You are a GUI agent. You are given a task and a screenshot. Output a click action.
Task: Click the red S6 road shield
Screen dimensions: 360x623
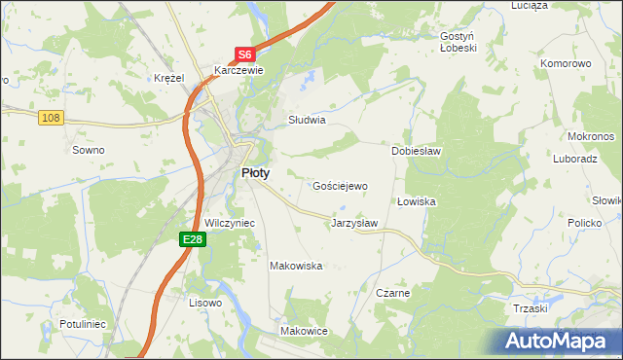(246, 55)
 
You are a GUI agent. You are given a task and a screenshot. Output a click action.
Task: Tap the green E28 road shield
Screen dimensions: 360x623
(192, 238)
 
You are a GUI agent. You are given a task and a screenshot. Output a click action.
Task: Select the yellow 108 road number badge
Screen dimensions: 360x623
(52, 117)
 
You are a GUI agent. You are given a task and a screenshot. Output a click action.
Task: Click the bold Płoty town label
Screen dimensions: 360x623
(255, 172)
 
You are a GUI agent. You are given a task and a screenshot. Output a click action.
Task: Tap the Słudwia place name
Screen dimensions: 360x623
(306, 121)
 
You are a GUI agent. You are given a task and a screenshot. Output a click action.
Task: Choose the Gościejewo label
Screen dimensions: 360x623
(340, 185)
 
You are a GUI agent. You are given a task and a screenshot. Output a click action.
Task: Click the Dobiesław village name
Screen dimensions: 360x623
(417, 151)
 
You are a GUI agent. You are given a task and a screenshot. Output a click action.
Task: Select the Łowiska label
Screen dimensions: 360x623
(416, 201)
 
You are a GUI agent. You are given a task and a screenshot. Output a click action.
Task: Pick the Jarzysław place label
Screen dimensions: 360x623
(354, 223)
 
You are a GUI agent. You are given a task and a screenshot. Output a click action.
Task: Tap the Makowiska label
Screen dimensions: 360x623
(296, 266)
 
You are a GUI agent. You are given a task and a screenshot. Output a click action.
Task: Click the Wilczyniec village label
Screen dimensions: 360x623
(230, 223)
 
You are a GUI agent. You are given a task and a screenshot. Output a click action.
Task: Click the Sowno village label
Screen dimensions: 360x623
(89, 150)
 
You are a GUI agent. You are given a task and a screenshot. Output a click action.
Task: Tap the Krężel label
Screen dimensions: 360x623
(169, 78)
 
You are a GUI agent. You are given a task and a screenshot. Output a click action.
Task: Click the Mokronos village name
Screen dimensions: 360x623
(588, 136)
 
